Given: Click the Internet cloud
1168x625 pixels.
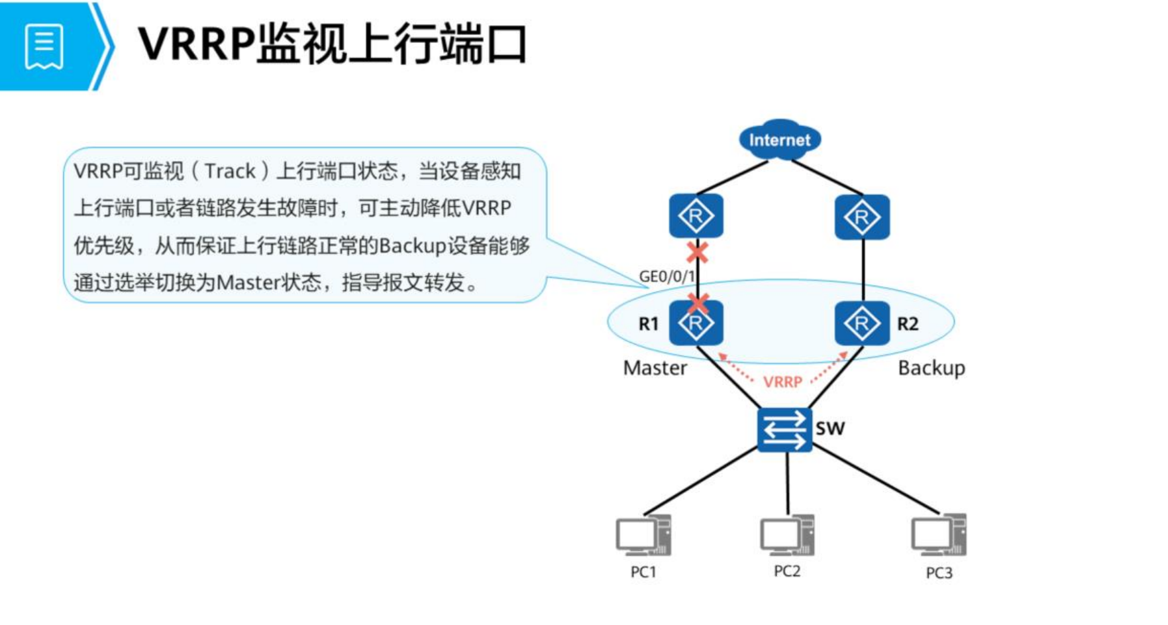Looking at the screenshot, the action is click(780, 139).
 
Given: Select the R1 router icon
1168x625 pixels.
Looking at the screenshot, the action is click(696, 323).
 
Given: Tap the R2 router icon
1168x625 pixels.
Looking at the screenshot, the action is click(862, 323).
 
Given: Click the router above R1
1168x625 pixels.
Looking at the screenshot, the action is click(696, 216).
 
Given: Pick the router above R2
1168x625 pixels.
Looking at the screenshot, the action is click(862, 217).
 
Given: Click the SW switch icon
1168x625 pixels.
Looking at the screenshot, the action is click(785, 429).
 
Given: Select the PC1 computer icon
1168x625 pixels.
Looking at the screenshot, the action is click(643, 536).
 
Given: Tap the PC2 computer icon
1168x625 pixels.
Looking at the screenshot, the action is click(787, 536).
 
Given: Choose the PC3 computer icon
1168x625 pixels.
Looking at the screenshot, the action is click(939, 535).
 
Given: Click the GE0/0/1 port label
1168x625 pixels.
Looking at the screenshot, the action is click(667, 276).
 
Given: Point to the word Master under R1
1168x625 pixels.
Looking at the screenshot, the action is click(655, 368).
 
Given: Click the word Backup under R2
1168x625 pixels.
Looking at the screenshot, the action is click(931, 368).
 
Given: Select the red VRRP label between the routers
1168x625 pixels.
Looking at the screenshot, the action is click(782, 382).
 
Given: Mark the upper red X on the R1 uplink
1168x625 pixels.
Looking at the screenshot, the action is click(696, 253).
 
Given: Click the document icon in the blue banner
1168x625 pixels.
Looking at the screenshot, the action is click(44, 46).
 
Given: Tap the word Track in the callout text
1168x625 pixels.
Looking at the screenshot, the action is click(230, 171).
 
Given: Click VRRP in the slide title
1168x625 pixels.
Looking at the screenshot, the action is click(197, 45).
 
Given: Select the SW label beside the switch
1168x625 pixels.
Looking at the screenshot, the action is click(830, 429).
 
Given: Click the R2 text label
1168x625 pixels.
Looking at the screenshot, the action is click(908, 324).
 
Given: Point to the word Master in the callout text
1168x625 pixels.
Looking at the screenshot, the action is click(249, 283).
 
